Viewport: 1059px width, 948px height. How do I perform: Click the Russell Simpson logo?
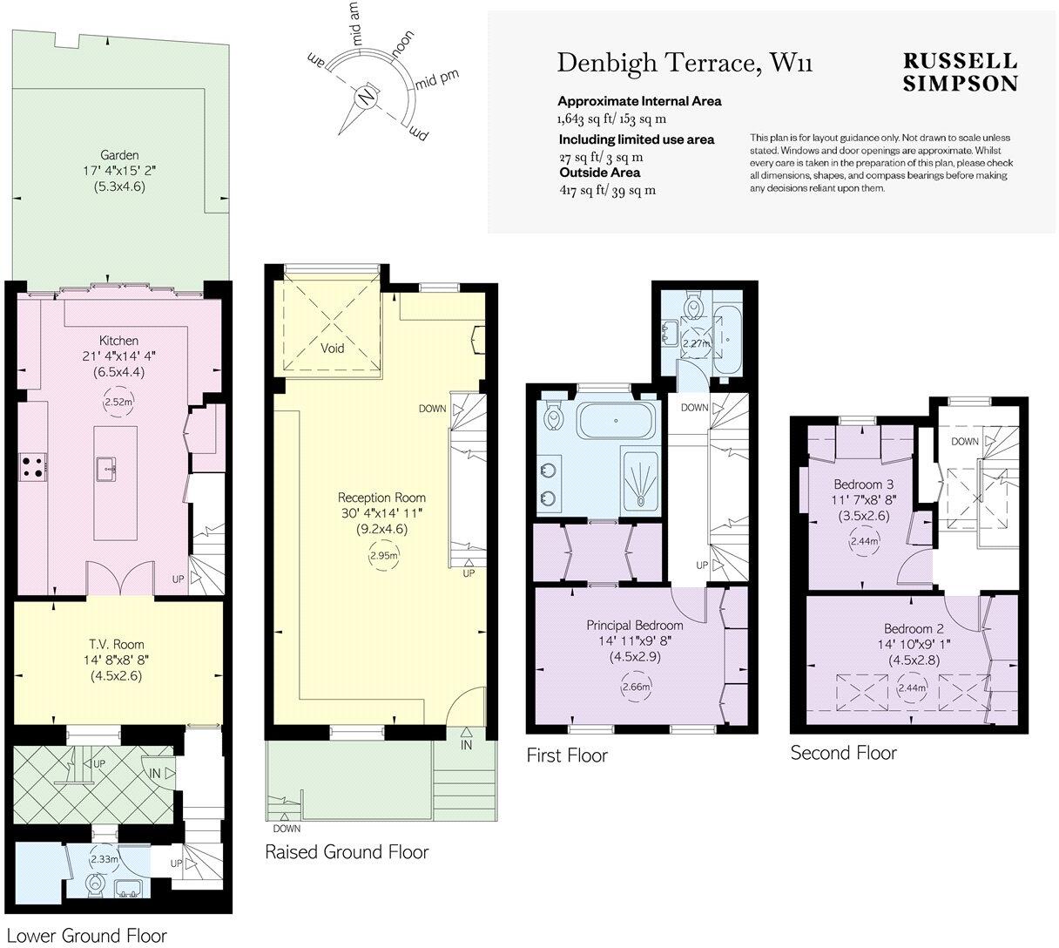(961, 72)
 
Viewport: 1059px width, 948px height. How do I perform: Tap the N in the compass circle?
(367, 97)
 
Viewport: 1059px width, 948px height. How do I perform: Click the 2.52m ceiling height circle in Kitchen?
(118, 402)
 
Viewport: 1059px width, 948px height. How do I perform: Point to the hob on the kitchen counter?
(32, 467)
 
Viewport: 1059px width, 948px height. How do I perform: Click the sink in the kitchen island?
(108, 468)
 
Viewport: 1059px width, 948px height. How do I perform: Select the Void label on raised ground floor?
(333, 349)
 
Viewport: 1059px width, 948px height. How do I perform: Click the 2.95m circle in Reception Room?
(384, 555)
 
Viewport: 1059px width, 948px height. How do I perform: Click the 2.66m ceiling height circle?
(636, 687)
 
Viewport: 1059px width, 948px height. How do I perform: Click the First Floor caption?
(567, 755)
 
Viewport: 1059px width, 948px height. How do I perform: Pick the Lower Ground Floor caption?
(87, 936)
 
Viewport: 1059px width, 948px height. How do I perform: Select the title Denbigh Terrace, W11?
(685, 64)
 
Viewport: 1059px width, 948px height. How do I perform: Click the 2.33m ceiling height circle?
(104, 858)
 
